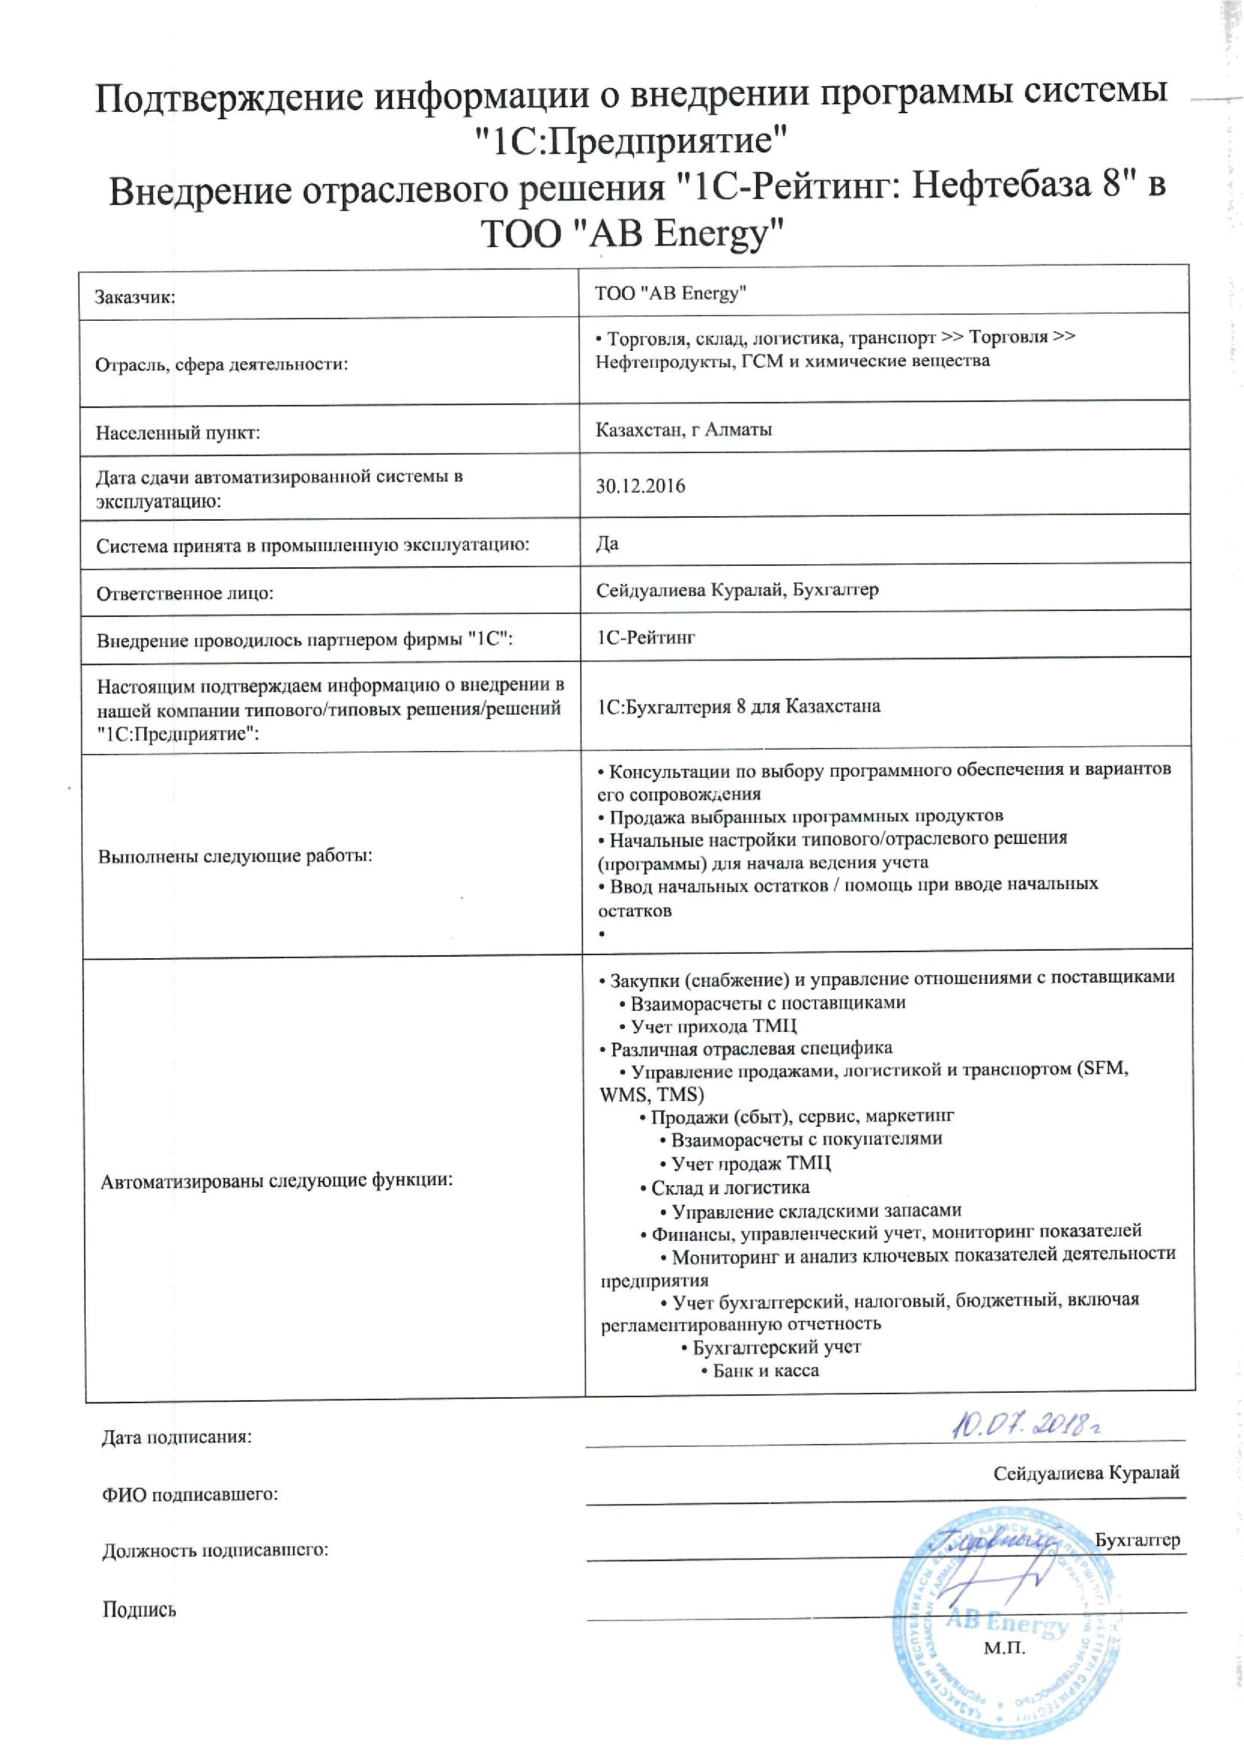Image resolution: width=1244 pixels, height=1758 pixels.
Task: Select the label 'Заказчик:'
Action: point(135,297)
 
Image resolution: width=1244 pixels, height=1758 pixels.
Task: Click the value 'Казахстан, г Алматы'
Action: point(683,430)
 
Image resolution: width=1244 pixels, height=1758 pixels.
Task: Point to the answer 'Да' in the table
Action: point(607,544)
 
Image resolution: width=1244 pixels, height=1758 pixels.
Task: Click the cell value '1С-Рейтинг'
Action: point(646,637)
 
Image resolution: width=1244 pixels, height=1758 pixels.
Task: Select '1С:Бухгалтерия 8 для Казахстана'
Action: point(738,706)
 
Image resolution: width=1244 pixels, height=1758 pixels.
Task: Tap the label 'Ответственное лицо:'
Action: point(184,594)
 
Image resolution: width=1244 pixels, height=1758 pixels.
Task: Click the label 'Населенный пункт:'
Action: point(178,433)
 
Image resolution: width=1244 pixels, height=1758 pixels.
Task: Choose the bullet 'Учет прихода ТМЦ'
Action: point(713,1026)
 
